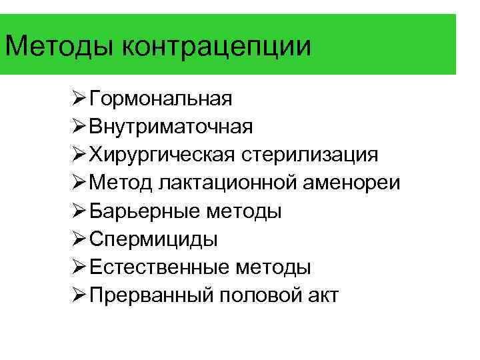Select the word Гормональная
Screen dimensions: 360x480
[161, 99]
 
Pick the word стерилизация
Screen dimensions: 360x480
[310, 155]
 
